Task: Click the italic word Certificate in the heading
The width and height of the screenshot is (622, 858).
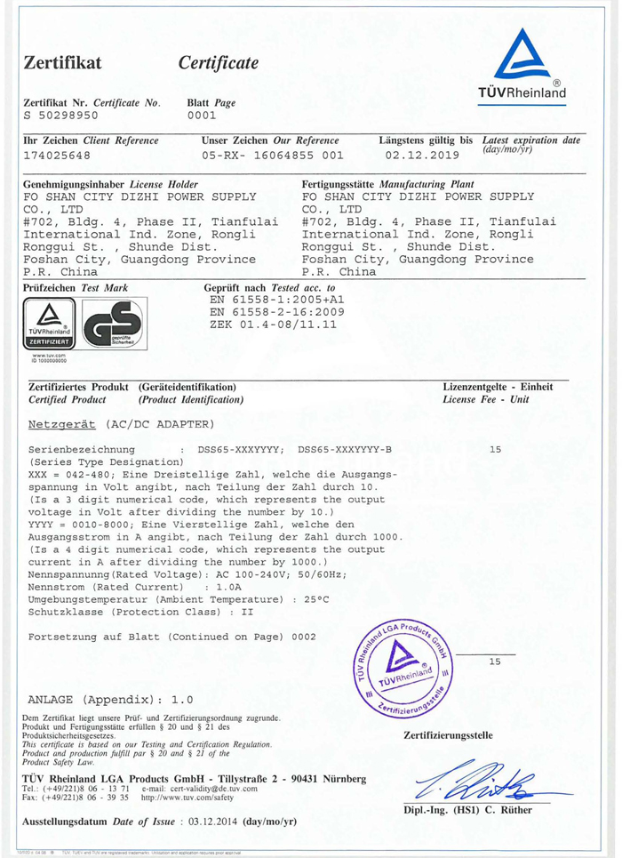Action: [x=218, y=62]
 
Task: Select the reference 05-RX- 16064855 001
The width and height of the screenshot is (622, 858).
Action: [x=272, y=155]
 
